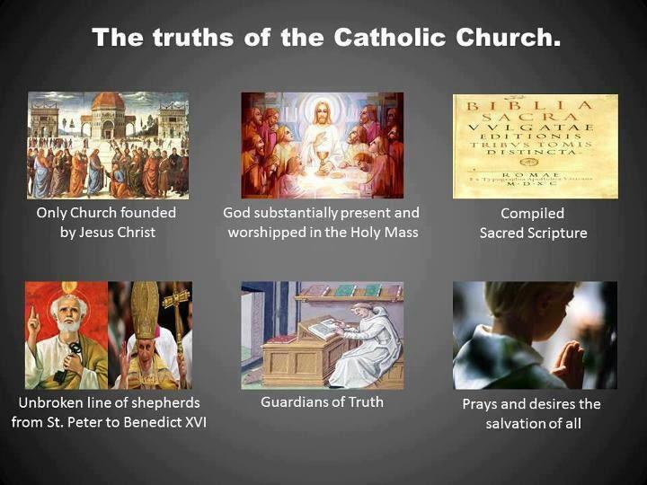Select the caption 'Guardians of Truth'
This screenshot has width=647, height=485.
click(x=322, y=401)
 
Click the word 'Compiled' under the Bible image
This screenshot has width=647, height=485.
click(x=532, y=214)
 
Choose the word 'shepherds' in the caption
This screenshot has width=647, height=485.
click(x=155, y=401)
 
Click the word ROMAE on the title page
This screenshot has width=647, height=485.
click(x=536, y=172)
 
